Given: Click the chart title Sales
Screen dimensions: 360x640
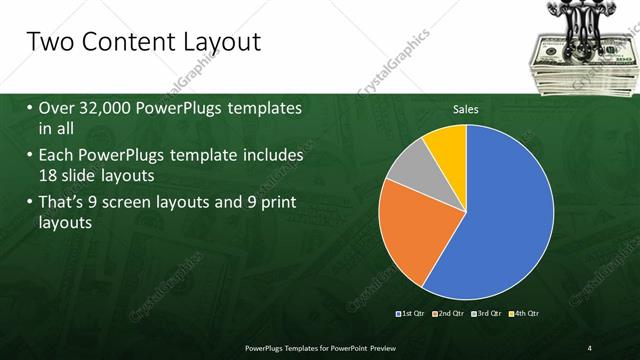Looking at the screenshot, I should click(466, 109).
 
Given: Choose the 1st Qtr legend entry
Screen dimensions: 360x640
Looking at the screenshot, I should click(411, 314).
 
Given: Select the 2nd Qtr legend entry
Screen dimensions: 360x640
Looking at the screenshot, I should click(449, 314).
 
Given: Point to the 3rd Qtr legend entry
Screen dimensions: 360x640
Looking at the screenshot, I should click(487, 314).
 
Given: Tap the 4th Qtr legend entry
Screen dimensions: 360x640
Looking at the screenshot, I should click(524, 314).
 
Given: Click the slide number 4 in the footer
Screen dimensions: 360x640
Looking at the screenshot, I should click(589, 347).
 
